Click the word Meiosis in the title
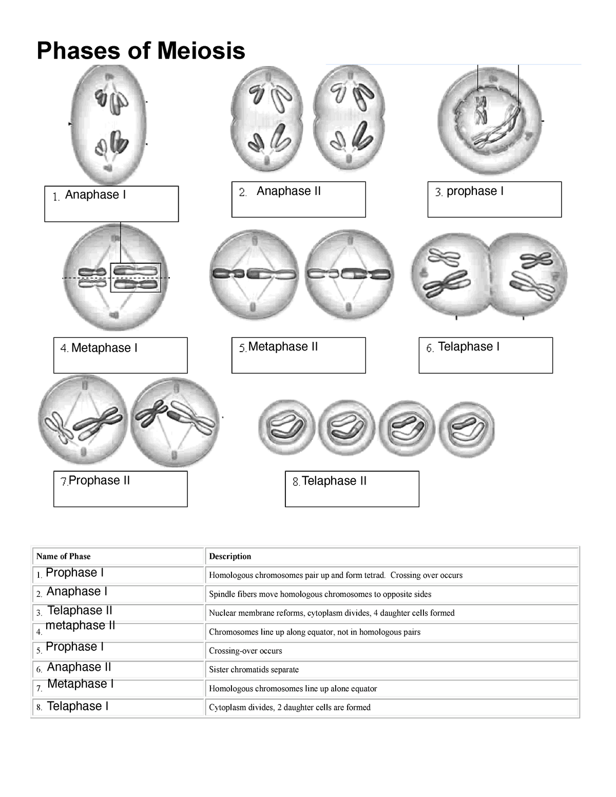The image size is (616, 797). pos(201,51)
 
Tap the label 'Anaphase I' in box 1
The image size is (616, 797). pos(95,195)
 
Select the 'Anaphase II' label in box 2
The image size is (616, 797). pos(288,191)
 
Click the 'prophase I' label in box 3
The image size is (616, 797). pos(475,191)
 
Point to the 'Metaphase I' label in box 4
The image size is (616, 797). pos(104,348)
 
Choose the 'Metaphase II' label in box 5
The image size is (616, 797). pos(283,347)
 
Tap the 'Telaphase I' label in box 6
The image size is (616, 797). pos(469,347)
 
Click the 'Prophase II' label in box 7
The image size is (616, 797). pos(99,481)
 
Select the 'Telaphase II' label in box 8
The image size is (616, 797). pos(334,481)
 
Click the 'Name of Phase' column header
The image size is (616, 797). pos(64,556)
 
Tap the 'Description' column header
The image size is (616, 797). pos(230,556)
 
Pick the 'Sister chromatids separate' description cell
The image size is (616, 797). pos(254,670)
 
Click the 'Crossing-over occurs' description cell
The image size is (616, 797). pos(245,651)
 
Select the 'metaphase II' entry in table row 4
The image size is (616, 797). pos(80,626)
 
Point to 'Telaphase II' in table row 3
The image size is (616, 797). pos(80,611)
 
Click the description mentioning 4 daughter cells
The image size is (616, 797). pos(332,613)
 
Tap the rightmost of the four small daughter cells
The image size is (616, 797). pos(467,430)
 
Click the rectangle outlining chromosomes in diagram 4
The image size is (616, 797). pos(136,278)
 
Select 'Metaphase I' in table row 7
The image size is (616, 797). pos(81,684)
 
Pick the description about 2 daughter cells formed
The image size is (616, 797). pos(290,707)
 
